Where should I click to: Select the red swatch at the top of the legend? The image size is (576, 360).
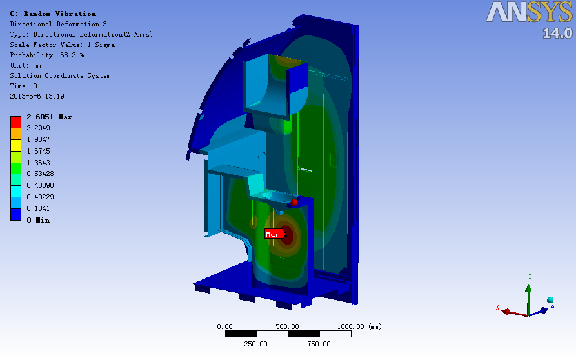coord(15,123)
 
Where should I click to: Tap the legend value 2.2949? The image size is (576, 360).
coord(38,128)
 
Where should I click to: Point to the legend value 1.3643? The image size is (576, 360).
coord(38,163)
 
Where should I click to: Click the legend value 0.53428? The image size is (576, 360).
coord(40,174)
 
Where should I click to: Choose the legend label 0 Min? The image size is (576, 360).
coord(38,220)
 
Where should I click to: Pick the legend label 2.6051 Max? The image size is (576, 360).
coord(49,117)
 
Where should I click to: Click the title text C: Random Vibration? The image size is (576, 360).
coord(53,14)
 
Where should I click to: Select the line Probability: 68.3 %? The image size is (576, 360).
coord(47,55)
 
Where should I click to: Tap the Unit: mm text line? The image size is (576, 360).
coord(25,65)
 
